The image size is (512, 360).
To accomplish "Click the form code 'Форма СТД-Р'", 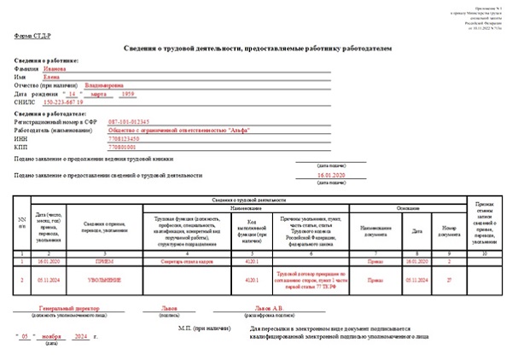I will (32, 37).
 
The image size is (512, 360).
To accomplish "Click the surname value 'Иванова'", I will (56, 69).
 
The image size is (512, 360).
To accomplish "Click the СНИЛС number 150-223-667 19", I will (63, 102).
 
